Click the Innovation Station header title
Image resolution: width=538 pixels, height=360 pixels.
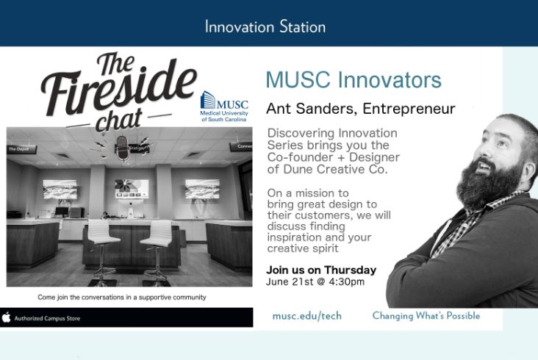point(265,27)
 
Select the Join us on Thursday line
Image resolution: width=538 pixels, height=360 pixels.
point(321,270)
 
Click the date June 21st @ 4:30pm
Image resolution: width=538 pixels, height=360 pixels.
point(315,281)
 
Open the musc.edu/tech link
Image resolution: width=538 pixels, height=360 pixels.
point(306,316)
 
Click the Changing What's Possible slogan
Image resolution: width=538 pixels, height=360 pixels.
point(426,316)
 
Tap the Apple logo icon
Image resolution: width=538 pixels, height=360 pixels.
point(7,317)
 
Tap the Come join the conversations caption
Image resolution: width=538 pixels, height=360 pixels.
point(121,297)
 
